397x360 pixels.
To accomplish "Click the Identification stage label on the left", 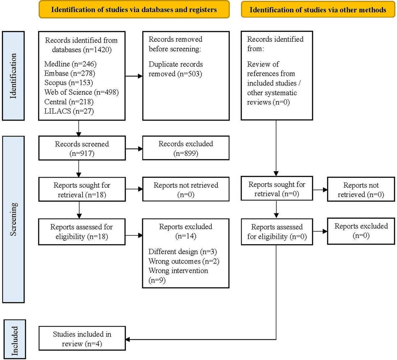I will pos(13,76).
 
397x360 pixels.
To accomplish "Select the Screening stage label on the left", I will pos(13,219).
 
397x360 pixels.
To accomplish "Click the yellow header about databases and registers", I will pos(134,9).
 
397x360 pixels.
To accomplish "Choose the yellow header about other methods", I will pos(318,10).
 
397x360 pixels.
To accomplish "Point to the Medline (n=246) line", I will pos(70,64).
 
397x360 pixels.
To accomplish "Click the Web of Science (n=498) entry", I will pos(81,92).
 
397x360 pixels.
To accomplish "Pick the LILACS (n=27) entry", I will pos(69,111).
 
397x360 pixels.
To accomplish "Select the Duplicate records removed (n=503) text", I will pos(176,69).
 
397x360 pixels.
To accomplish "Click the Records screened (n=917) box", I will pos(82,148).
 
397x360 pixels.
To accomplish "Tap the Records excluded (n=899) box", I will pos(186,148).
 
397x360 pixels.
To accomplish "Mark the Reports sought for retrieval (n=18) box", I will pos(82,190).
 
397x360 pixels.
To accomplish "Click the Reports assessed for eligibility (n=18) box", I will pos(81,231).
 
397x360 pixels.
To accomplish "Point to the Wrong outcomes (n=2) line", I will pos(184,261).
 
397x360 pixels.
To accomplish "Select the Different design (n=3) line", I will pos(183,252).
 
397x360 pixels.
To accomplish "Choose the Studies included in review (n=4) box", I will pos(82,339).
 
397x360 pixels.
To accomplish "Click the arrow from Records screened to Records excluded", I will pos(134,149).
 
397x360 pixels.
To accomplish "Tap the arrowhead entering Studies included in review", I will pos(128,339).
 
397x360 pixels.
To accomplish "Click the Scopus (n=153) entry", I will pos(68,82).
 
